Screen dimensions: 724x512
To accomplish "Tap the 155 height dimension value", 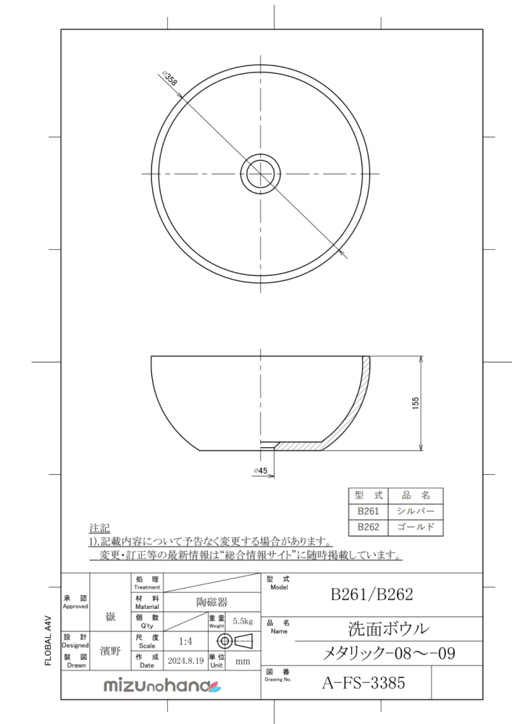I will click(x=416, y=403).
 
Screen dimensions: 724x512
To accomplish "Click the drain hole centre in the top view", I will click(x=261, y=174).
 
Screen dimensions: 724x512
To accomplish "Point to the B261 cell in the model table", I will click(x=369, y=511).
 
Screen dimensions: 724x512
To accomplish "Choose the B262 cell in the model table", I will click(x=369, y=527).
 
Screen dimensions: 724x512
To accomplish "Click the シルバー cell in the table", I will click(x=416, y=511).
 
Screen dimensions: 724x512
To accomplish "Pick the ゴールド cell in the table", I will click(x=416, y=527).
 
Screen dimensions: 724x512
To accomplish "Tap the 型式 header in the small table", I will click(x=369, y=495).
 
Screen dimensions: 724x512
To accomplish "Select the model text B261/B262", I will click(x=372, y=594).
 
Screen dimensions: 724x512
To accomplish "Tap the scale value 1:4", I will click(x=185, y=641).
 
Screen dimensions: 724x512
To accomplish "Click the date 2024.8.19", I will click(x=185, y=660).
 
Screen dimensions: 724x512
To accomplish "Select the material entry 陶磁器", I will click(x=211, y=602).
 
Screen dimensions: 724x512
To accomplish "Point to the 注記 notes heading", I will click(x=98, y=528).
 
